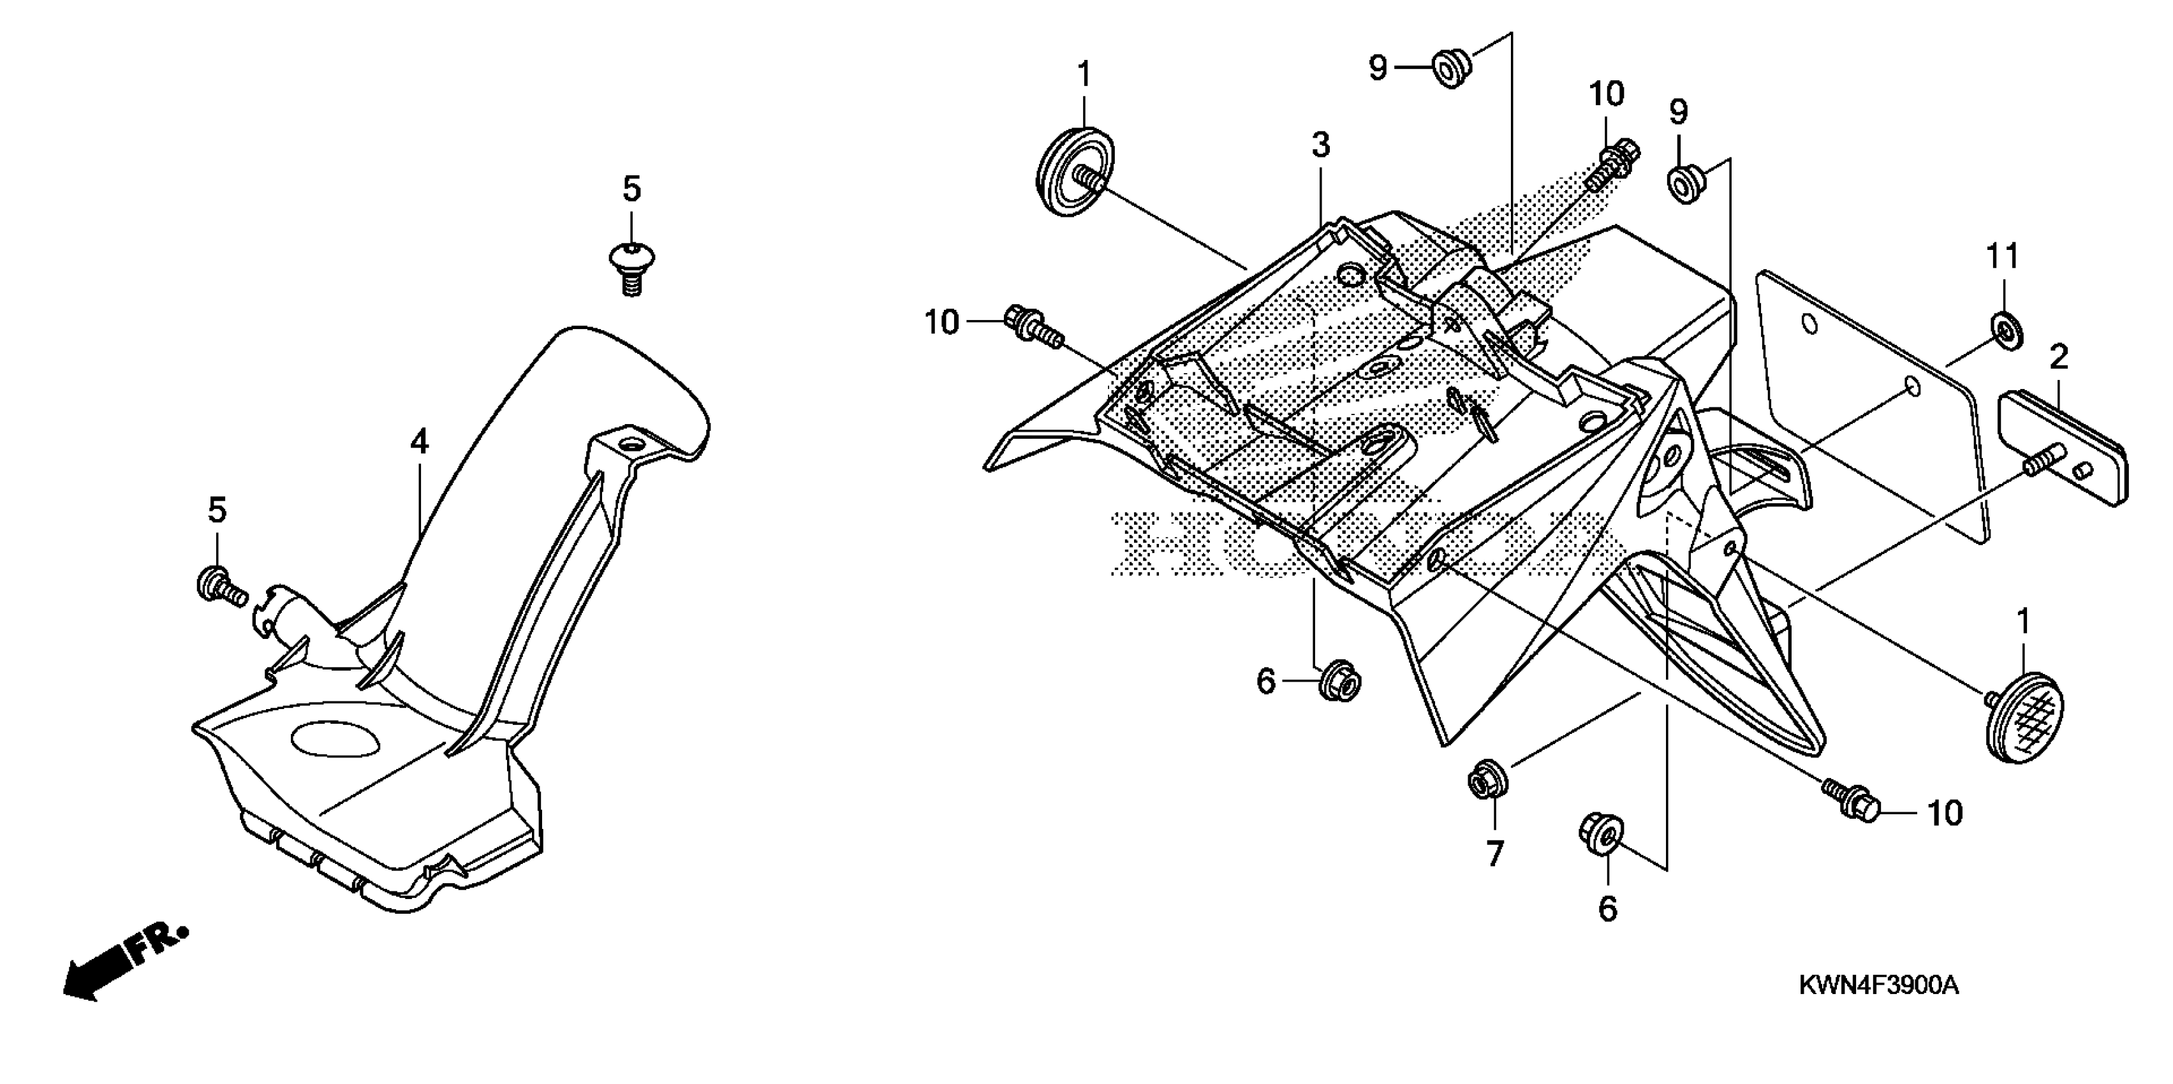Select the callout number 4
click(419, 441)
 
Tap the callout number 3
click(1320, 145)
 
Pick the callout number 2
click(2058, 358)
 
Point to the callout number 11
click(2003, 256)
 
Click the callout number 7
click(1495, 854)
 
